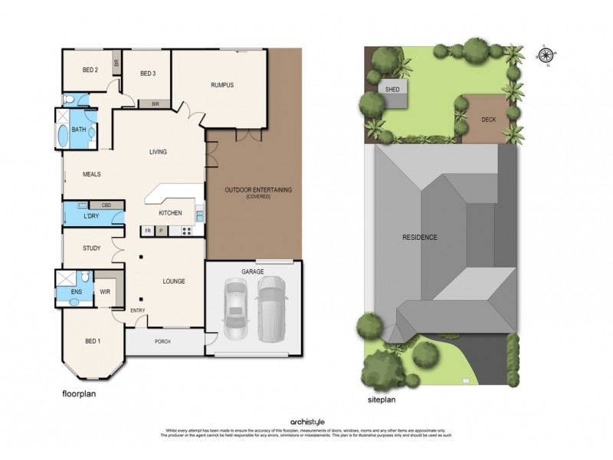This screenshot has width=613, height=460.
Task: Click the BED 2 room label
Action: tap(90, 70)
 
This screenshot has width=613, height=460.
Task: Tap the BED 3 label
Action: tap(148, 73)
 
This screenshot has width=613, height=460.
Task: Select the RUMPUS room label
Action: tap(221, 85)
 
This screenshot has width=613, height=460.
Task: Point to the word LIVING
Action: tap(158, 152)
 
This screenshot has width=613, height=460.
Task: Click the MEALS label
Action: tap(92, 174)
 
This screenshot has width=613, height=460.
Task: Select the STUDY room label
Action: tap(92, 248)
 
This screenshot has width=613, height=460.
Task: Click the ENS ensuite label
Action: tap(77, 292)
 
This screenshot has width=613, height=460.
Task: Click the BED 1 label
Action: tap(92, 341)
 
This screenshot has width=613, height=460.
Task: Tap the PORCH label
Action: tap(162, 342)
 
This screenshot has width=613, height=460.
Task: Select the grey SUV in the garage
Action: tap(270, 308)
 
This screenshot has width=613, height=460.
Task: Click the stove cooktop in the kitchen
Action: tap(186, 231)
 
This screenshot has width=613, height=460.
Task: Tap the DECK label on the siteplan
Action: tap(488, 120)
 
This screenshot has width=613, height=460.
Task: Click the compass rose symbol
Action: tap(546, 54)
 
